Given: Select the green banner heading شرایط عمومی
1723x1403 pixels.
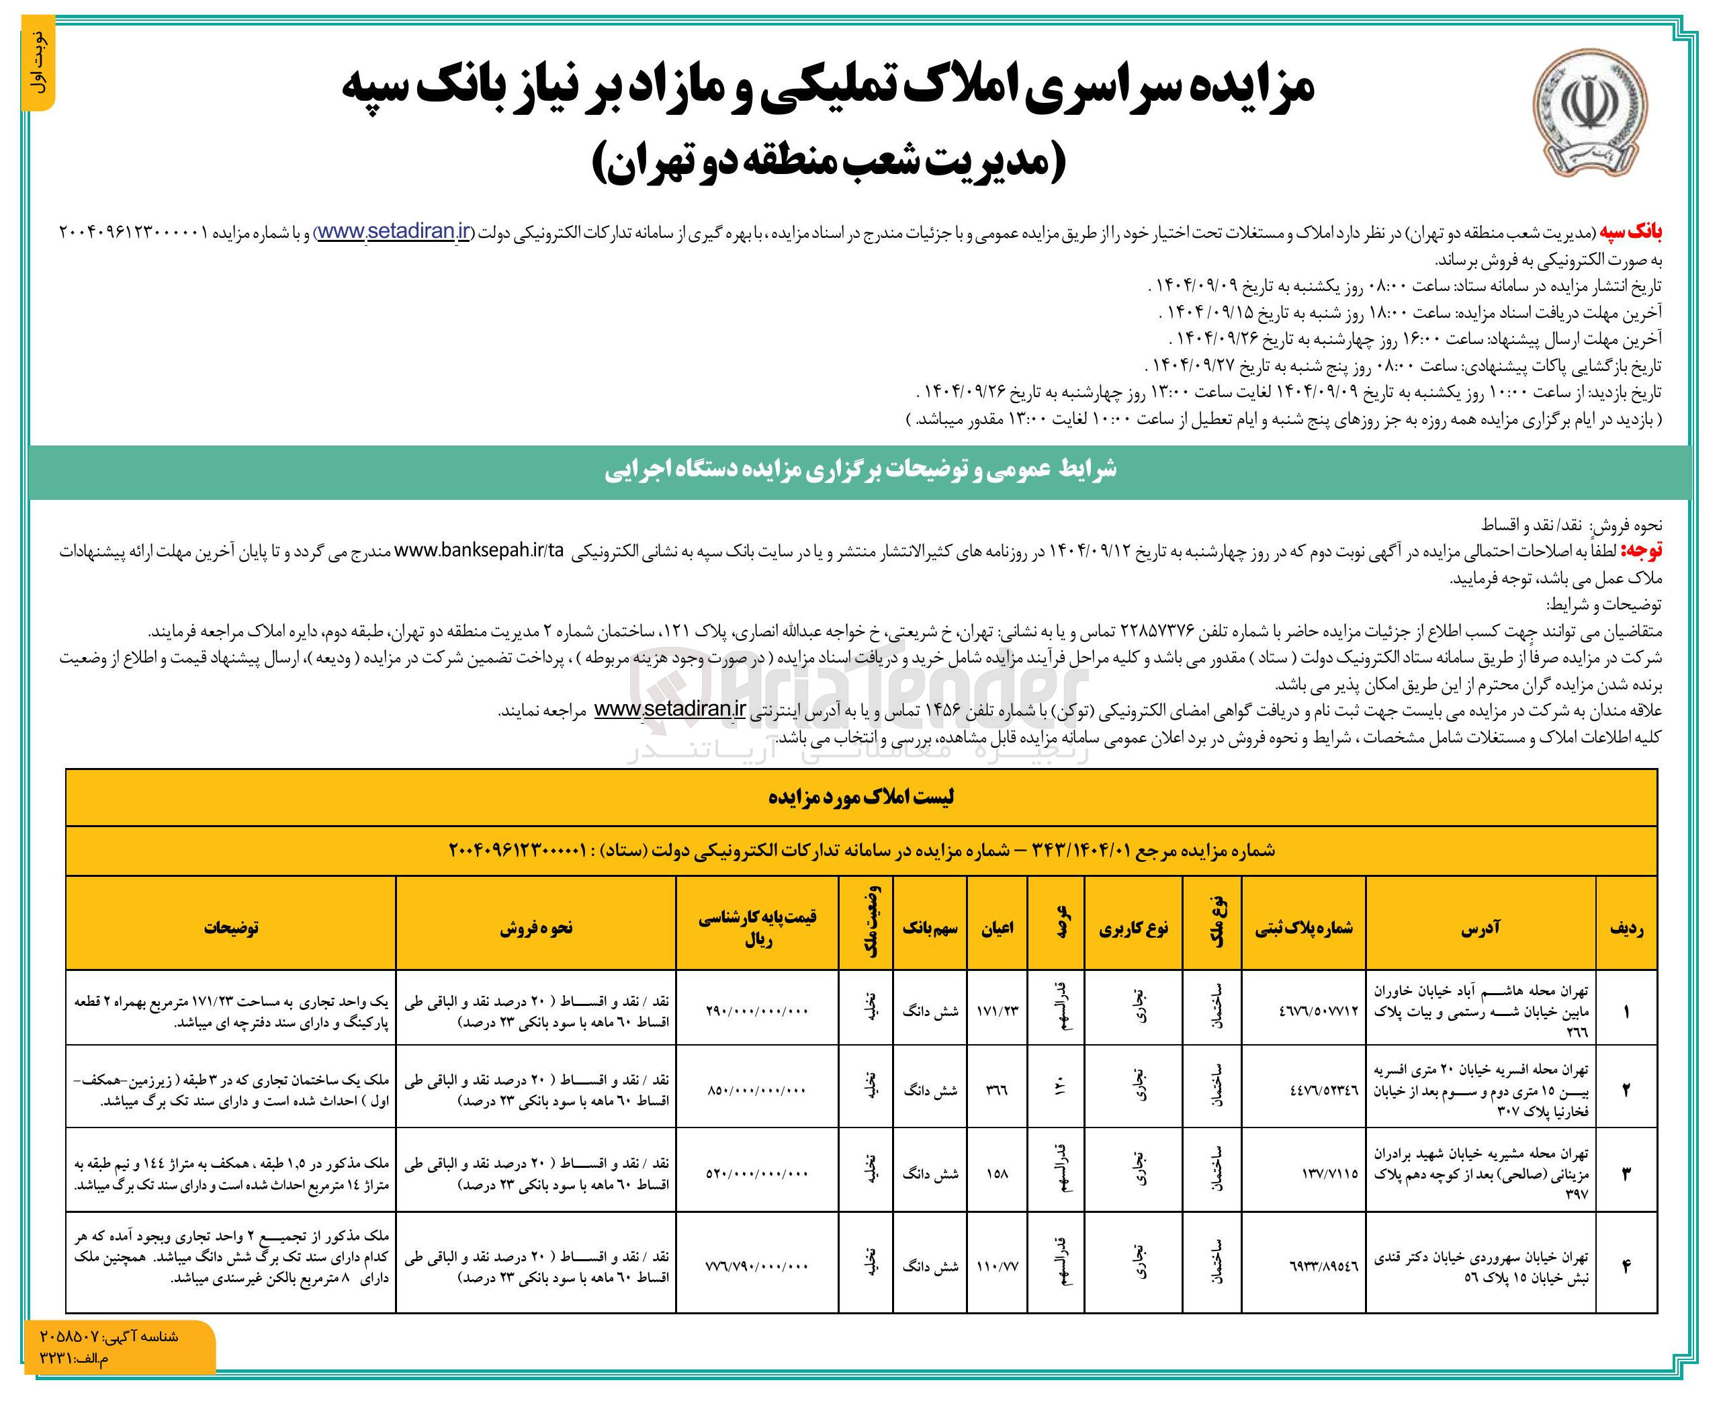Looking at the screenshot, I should coord(860,470).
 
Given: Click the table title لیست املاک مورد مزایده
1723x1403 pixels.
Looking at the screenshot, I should coord(860,798).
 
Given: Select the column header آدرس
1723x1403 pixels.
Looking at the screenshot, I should coord(1480,928).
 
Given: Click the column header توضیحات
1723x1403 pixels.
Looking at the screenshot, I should coord(231,928).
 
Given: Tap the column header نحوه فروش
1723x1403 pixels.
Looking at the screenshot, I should coord(535,928).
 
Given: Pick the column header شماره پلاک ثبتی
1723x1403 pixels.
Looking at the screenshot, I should coord(1303,929).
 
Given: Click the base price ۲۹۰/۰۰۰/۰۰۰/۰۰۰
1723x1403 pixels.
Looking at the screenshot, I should coord(757,1011).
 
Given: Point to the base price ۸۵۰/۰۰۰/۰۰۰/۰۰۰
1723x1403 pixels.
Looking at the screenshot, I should coord(757,1091).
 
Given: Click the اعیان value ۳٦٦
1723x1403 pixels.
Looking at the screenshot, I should coord(997,1091).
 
